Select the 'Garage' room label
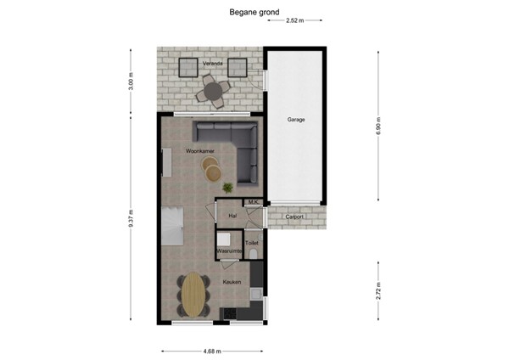295,120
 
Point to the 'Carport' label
294,217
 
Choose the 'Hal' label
232,217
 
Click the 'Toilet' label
251,243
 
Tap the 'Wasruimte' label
229,252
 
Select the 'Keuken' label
232,281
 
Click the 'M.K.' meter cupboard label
253,202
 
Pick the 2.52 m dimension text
294,20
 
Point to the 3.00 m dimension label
131,83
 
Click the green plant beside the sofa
227,187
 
